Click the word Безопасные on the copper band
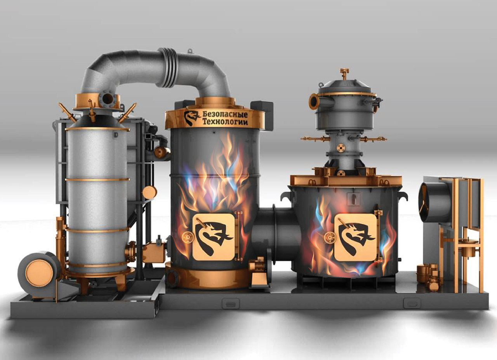(225, 114)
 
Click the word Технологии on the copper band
(226, 122)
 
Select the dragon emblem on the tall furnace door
(214, 238)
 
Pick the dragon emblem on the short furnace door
(356, 238)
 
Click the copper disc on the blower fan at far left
(39, 273)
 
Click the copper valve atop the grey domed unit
(344, 74)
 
